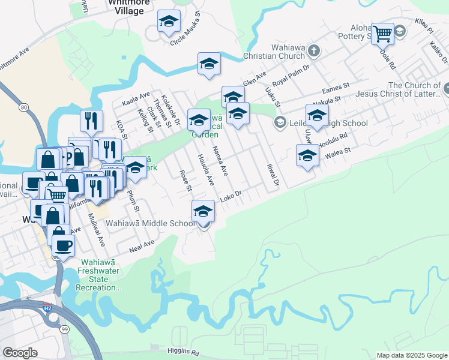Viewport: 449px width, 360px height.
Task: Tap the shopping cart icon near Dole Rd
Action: (382, 33)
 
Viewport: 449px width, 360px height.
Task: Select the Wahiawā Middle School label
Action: (151, 223)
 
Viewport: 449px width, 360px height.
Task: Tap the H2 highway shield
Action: (47, 308)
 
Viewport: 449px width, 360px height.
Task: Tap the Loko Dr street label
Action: (231, 196)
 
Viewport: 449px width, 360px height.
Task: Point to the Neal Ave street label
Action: (142, 245)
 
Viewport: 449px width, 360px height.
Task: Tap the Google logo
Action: (20, 353)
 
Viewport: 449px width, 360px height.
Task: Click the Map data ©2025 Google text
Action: (411, 355)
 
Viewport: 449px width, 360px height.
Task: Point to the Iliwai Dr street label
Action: (274, 171)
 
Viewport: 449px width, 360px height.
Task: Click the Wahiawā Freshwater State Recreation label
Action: (100, 280)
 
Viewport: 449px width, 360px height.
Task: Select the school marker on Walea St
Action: (307, 156)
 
